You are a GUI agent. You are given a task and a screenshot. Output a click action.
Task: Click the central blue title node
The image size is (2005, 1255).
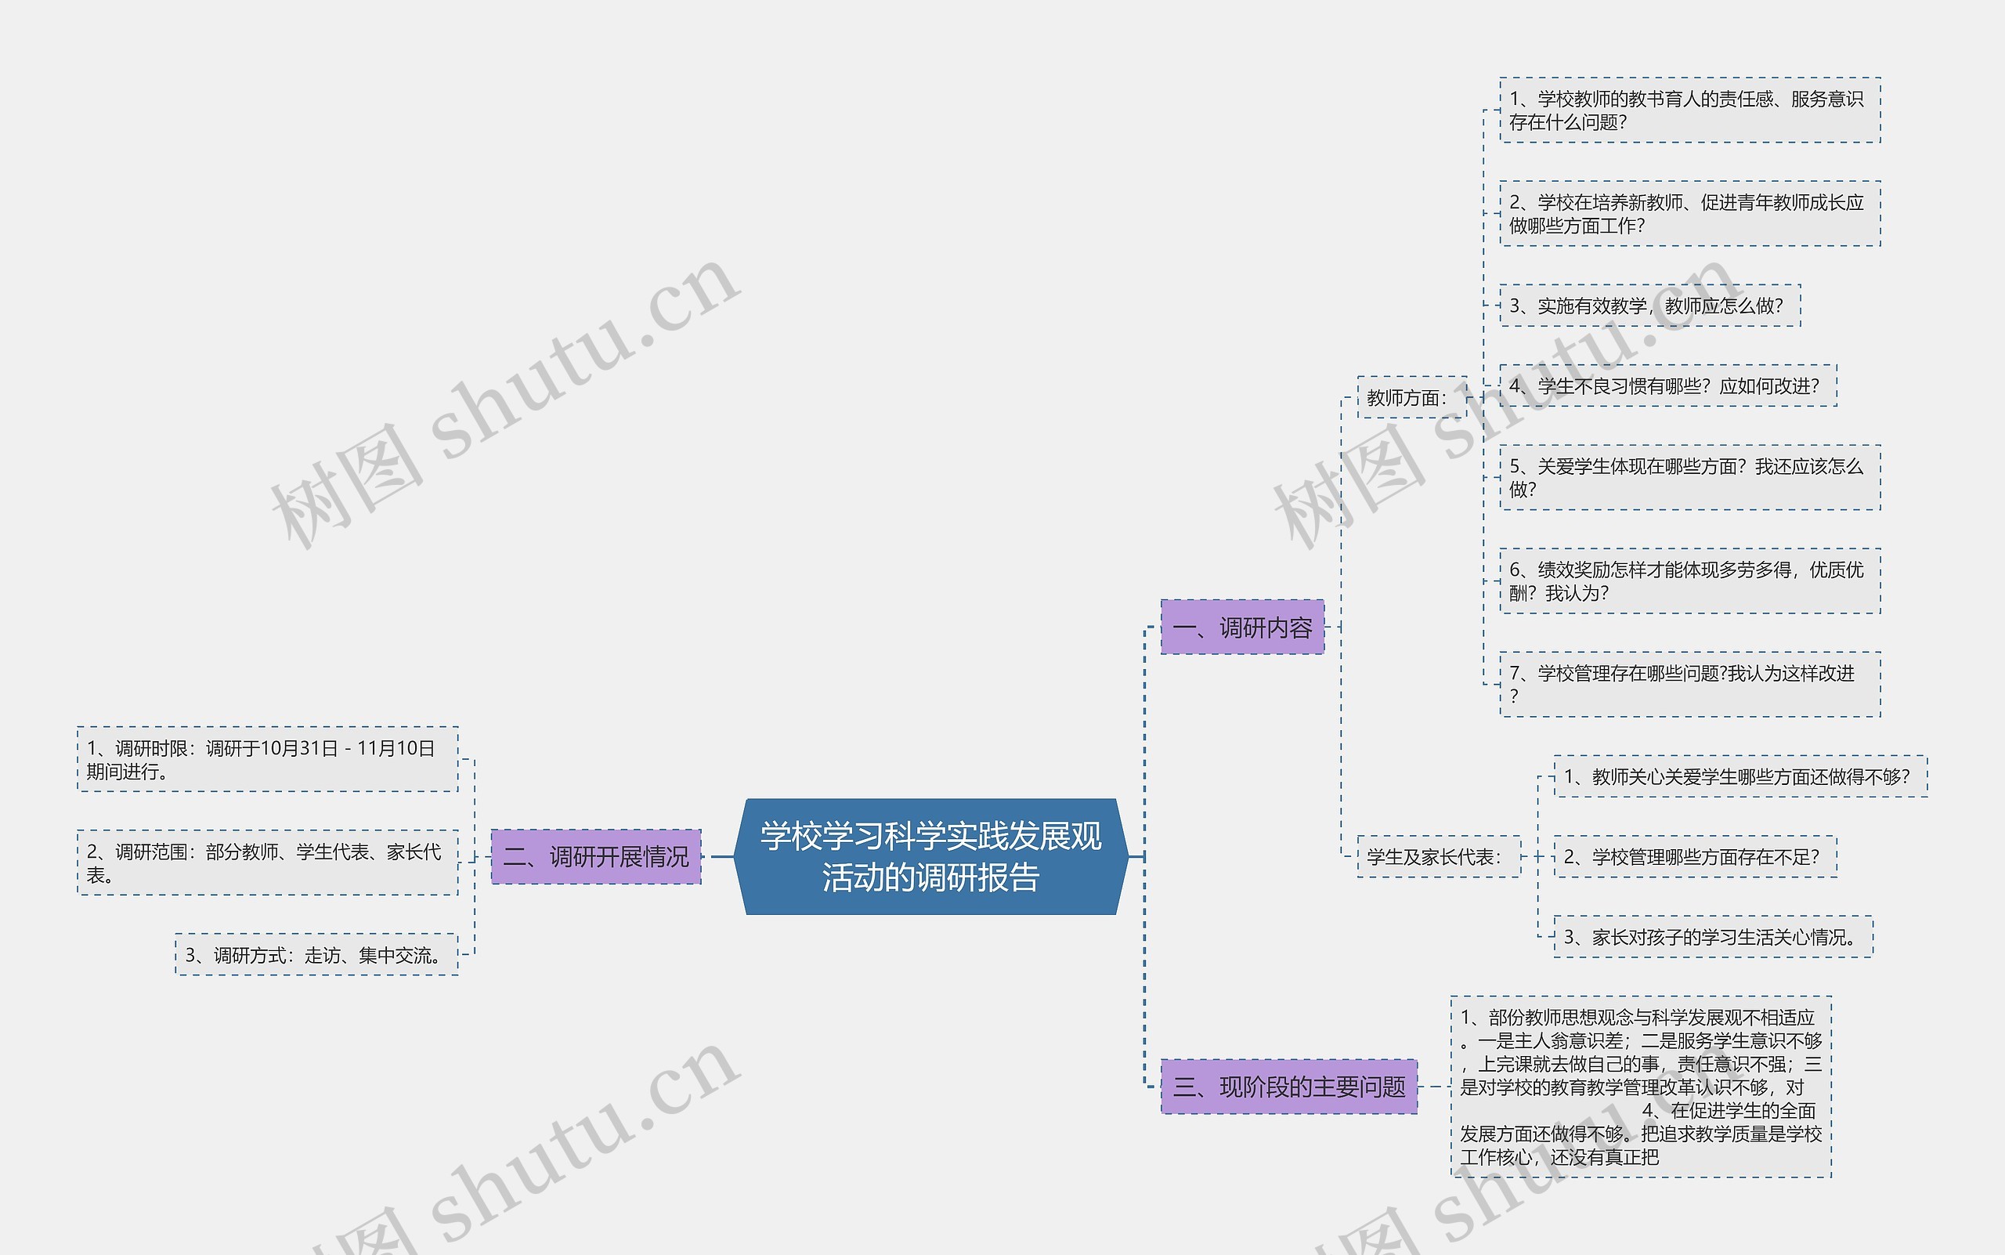point(930,855)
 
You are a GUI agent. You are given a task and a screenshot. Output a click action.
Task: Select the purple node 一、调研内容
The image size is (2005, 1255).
point(1241,627)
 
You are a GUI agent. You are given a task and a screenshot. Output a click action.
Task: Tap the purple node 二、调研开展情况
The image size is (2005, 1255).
point(596,855)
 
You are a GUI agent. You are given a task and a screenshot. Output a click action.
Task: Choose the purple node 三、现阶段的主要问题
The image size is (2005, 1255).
point(1288,1086)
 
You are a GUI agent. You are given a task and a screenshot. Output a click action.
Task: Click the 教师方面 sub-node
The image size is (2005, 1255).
point(1411,398)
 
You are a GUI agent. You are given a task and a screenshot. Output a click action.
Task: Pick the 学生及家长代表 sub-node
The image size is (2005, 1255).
point(1438,855)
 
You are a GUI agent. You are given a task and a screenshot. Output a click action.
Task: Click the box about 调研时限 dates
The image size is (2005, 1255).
point(267,759)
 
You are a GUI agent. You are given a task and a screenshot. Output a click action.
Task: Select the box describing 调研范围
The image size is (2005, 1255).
point(267,863)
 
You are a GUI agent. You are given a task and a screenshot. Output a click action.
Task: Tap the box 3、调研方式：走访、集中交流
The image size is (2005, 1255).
point(316,954)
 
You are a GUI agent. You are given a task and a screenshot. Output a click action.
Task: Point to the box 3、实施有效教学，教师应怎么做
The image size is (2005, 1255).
point(1649,306)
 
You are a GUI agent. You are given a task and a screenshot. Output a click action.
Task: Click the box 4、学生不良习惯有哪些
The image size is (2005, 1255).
point(1667,385)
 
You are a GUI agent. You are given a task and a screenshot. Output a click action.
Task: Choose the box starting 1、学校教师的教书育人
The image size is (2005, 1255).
point(1689,110)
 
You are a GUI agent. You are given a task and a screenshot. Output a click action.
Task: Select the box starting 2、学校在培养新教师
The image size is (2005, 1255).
point(1689,213)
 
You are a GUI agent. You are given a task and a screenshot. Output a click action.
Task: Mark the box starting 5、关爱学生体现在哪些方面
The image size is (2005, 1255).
point(1689,477)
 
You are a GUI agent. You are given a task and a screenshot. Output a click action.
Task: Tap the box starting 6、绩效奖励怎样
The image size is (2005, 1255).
point(1689,581)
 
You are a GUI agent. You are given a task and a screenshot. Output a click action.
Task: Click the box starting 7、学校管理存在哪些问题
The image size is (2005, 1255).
point(1689,684)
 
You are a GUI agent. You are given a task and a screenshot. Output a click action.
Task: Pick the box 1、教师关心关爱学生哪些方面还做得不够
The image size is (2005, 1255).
point(1739,776)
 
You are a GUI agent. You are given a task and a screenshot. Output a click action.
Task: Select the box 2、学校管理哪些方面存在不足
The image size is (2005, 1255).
point(1695,855)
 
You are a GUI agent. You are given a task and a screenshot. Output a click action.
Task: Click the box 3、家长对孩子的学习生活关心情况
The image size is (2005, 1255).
point(1712,936)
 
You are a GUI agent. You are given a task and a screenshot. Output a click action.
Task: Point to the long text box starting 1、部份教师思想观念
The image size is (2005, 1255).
point(1641,1086)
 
